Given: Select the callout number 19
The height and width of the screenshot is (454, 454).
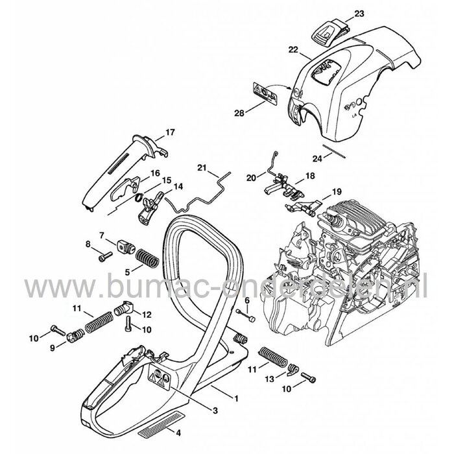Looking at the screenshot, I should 336,191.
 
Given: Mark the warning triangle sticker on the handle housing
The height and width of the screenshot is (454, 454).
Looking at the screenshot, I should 158,376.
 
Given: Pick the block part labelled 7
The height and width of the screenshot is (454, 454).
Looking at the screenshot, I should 126,247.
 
